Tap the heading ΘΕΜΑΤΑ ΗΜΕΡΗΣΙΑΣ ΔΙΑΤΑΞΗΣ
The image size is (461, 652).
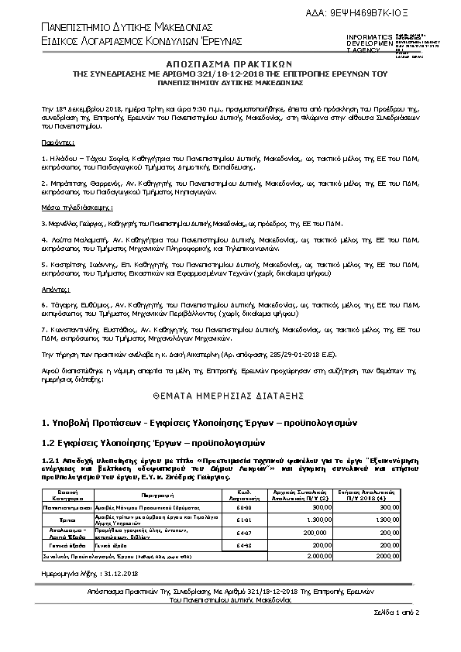click(x=229, y=393)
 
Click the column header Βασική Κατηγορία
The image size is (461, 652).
click(x=66, y=493)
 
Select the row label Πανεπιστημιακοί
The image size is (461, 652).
click(x=66, y=506)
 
